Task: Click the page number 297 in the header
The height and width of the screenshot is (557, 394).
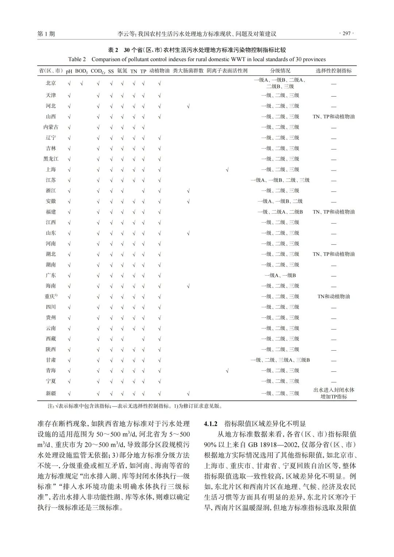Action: (x=347, y=34)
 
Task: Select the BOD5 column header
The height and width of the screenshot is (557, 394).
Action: (x=81, y=71)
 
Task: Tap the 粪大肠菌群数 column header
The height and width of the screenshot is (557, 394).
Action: (x=188, y=71)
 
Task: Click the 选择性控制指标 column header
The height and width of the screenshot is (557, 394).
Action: (x=333, y=71)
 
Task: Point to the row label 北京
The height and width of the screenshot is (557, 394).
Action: (x=51, y=83)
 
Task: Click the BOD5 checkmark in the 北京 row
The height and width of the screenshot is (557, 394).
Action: (x=82, y=83)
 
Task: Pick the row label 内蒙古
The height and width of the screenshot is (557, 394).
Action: (x=51, y=127)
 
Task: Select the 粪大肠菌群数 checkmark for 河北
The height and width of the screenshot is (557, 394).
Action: (x=188, y=106)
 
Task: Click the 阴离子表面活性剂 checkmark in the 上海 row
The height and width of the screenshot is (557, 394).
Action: (x=227, y=170)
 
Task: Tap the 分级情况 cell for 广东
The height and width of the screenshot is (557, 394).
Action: (x=280, y=276)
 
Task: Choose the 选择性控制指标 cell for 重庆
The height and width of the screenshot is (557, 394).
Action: (x=333, y=297)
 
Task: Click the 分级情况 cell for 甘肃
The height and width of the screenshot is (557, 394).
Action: (x=280, y=360)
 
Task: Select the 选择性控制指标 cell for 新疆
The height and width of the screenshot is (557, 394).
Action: (x=333, y=393)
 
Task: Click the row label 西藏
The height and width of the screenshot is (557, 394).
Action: (x=51, y=339)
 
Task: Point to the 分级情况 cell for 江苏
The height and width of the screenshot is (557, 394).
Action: (x=280, y=180)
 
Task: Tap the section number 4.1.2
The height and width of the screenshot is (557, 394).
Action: (x=210, y=424)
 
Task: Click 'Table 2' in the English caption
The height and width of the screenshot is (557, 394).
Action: (x=77, y=59)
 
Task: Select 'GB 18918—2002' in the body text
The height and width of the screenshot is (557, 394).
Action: (x=268, y=445)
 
